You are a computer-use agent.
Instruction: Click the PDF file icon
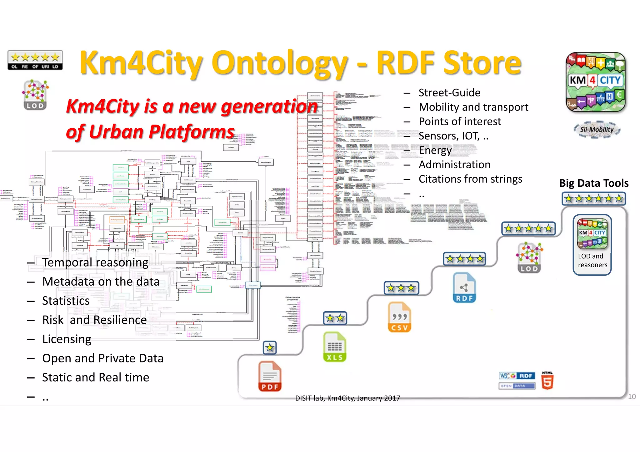270,376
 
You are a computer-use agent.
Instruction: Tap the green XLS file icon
335,347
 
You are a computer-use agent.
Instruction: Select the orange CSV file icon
399,317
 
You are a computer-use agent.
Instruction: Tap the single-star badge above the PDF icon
270,347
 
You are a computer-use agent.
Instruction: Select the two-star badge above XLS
335,318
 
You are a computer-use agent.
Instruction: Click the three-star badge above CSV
401,288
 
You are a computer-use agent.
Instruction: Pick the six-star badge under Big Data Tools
593,199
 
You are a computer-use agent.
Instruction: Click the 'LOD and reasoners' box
592,245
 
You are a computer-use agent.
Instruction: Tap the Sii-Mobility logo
597,130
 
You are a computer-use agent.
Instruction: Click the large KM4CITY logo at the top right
596,82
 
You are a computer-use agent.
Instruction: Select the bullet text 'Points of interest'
460,121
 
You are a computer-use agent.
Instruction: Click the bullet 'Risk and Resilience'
94,320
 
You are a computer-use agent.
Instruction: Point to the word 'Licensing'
67,339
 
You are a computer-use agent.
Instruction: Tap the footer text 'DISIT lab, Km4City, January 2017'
347,398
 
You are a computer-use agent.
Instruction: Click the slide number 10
632,396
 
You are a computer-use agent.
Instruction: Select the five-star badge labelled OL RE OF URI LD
35,60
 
